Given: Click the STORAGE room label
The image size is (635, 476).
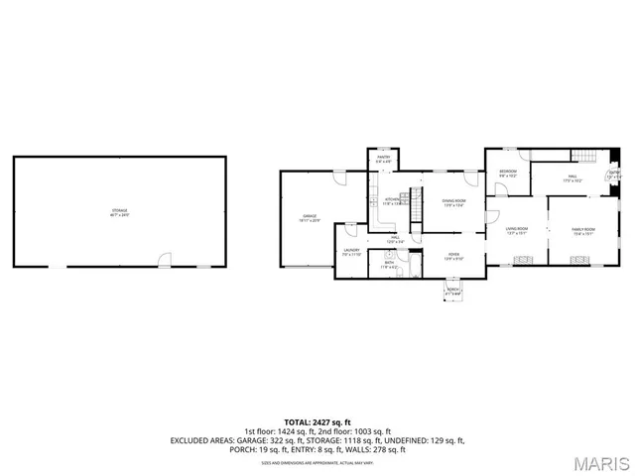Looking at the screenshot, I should click(x=119, y=210).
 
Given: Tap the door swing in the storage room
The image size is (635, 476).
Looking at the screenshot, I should click(x=165, y=260).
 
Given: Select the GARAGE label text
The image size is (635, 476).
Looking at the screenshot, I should click(x=310, y=217).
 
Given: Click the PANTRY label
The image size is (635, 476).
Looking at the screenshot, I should click(x=383, y=159).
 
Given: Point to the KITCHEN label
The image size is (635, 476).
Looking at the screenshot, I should click(x=393, y=201).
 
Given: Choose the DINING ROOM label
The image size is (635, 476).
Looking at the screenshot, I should click(x=452, y=203).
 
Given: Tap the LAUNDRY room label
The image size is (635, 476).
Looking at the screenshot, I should click(x=352, y=251).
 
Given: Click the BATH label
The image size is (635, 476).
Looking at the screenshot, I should click(x=389, y=264).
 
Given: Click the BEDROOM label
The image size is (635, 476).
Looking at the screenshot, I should click(x=507, y=173).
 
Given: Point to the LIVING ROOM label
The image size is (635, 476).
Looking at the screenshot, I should click(x=516, y=230).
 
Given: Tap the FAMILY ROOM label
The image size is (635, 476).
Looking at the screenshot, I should click(x=582, y=230).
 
